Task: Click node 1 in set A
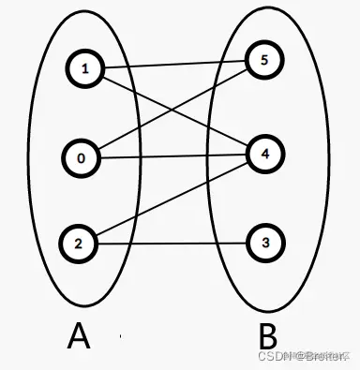coord(84,67)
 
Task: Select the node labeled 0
coord(82,157)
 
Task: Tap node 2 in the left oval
coord(79,244)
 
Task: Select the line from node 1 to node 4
coord(141,95)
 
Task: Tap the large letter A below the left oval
coord(80,335)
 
